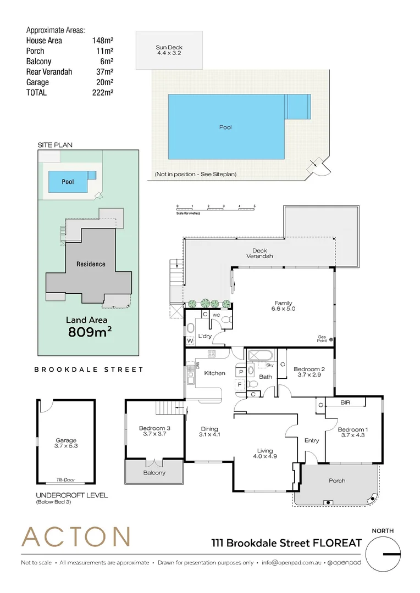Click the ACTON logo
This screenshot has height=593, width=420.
pyautogui.click(x=75, y=537)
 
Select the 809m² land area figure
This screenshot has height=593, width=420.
pyautogui.click(x=90, y=332)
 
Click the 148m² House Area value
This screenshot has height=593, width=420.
pyautogui.click(x=103, y=41)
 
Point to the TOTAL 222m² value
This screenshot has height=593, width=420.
pyautogui.click(x=103, y=93)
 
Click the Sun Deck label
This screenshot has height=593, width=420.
pyautogui.click(x=169, y=51)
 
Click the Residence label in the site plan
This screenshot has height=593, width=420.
pyautogui.click(x=91, y=264)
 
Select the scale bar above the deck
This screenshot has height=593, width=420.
pyautogui.click(x=216, y=208)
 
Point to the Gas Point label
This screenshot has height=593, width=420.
pyautogui.click(x=323, y=339)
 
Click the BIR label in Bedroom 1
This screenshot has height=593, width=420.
pyautogui.click(x=345, y=402)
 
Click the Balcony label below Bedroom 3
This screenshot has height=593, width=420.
pyautogui.click(x=154, y=473)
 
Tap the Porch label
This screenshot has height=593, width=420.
pyautogui.click(x=337, y=480)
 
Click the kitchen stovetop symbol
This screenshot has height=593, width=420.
pyautogui.click(x=212, y=353)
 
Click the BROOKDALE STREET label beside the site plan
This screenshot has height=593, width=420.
pyautogui.click(x=89, y=370)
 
